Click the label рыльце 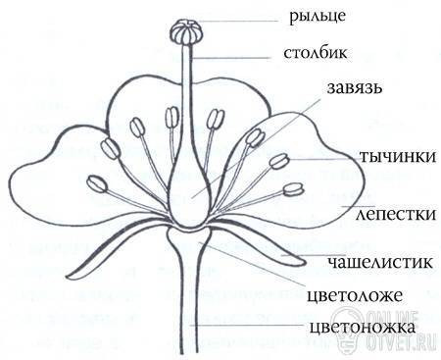(318, 17)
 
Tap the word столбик (316, 53)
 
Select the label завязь (355, 88)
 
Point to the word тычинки (398, 157)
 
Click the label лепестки (396, 214)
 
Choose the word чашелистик (379, 262)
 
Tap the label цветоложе (355, 296)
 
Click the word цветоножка (363, 328)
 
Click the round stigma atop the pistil (186, 32)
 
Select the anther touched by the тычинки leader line (279, 161)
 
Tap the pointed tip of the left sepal (69, 275)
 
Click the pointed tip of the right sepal (304, 261)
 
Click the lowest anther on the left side (97, 183)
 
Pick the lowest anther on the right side (293, 189)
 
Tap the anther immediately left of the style (171, 118)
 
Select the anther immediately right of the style (216, 119)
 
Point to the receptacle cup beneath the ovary (189, 237)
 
